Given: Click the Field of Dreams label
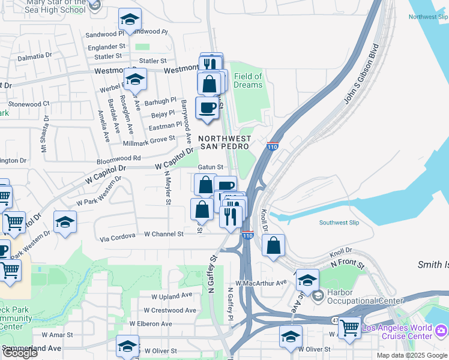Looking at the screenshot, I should [248, 80].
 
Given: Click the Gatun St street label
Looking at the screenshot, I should [211, 167].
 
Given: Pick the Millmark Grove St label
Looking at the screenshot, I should [149, 140].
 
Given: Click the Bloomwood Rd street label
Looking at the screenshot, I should [119, 158].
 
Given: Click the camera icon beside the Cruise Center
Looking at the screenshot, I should [441, 331].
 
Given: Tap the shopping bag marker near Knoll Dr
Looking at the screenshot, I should [273, 245].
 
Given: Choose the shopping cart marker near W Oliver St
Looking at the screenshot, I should [349, 328].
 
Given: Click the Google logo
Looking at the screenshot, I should [19, 353].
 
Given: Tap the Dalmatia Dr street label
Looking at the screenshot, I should [34, 56].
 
